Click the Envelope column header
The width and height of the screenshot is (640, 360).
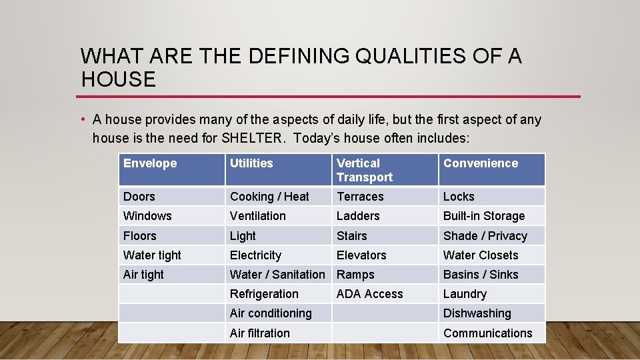point(150,163)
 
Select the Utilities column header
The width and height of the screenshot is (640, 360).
point(251,163)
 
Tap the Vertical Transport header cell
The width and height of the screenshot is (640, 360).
point(364,170)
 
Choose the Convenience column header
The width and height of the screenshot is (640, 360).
point(480,163)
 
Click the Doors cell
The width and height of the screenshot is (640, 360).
point(139,197)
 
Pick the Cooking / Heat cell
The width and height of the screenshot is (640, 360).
point(269,197)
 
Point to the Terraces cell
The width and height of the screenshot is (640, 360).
point(360,197)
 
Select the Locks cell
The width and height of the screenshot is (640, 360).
point(459,197)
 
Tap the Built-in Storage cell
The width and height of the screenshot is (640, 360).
point(484,216)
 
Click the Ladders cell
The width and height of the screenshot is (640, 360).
point(358,216)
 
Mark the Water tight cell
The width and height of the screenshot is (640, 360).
point(152,255)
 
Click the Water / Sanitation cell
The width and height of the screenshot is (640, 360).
point(277,275)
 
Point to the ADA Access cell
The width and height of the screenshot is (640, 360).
point(369,294)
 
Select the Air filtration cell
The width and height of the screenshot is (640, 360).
point(259,333)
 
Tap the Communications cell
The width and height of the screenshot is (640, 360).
point(487,333)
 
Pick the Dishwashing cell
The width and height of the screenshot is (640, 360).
point(477,313)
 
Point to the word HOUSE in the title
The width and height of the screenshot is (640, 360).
point(118,80)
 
